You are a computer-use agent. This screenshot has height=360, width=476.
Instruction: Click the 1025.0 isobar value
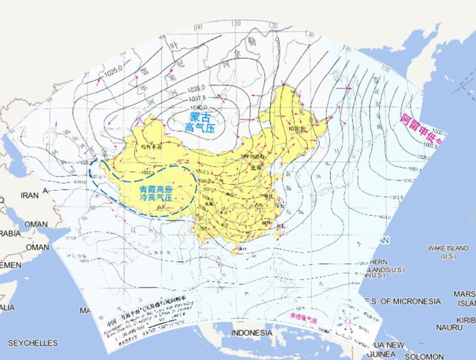click(x=114, y=73)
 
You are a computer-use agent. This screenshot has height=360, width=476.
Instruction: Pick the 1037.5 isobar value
click(x=199, y=97)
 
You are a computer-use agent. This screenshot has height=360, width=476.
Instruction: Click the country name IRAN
click(x=29, y=195)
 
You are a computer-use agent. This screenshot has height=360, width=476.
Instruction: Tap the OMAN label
click(x=35, y=224)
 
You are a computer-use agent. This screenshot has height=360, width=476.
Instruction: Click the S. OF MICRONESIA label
click(x=403, y=301)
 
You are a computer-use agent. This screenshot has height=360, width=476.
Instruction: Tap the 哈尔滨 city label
click(x=299, y=128)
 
